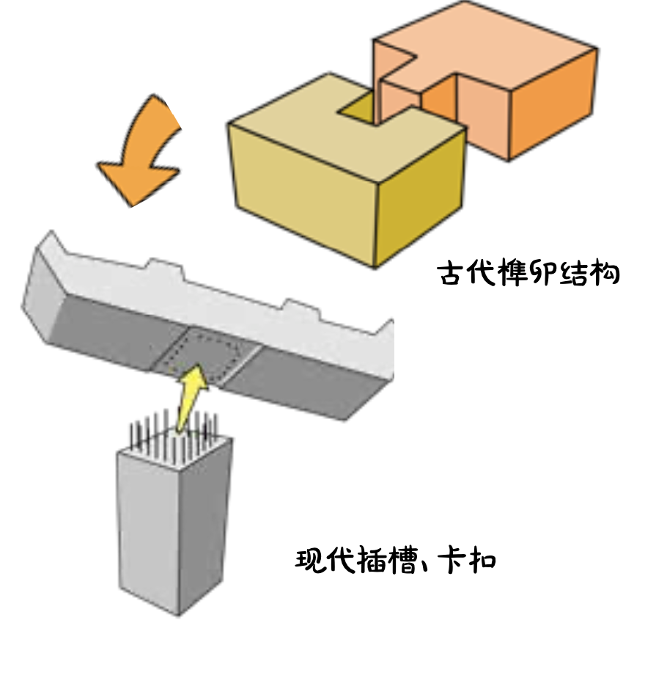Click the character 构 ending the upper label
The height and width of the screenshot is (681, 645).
click(x=602, y=274)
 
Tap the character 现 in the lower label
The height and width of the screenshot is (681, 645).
click(x=311, y=561)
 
